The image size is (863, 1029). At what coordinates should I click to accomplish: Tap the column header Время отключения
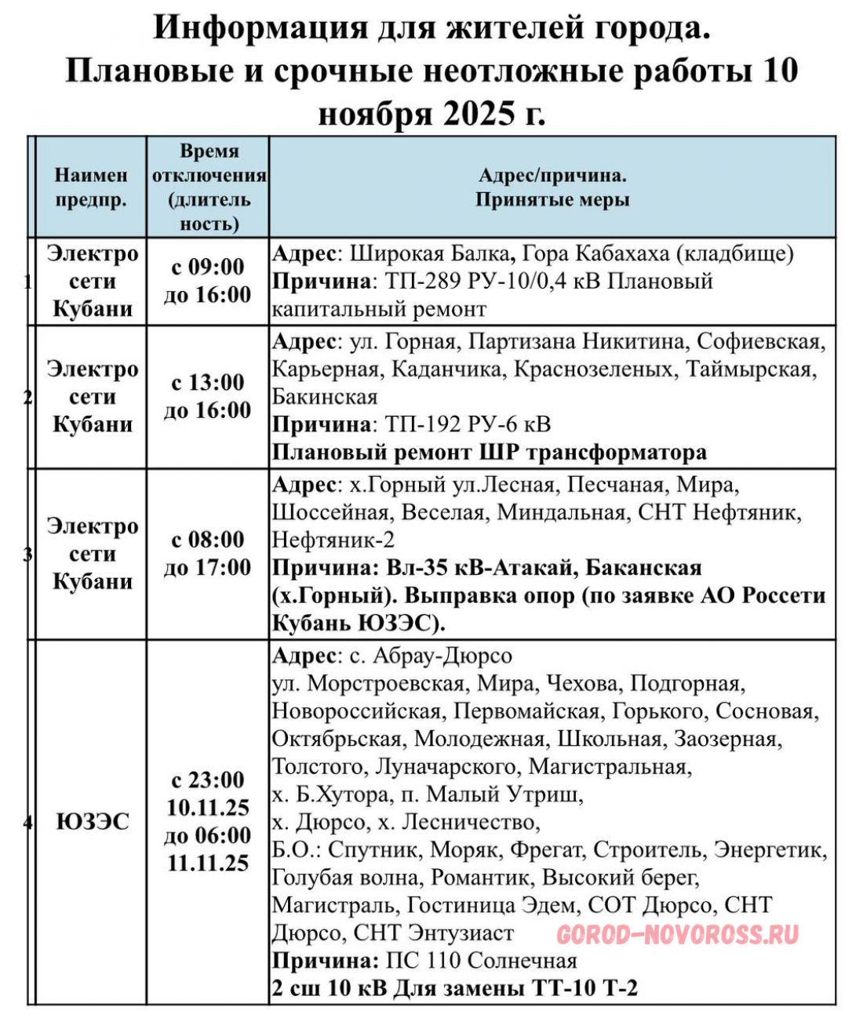click(208, 187)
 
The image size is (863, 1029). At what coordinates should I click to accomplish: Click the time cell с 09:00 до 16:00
click(208, 281)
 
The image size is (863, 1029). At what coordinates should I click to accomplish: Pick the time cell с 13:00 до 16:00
click(208, 396)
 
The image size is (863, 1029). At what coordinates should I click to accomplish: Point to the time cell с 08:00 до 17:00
click(208, 553)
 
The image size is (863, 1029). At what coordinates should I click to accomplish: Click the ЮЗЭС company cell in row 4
click(92, 822)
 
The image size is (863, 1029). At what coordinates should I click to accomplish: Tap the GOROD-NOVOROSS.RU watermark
click(678, 934)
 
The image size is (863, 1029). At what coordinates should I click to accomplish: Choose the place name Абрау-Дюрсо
click(442, 655)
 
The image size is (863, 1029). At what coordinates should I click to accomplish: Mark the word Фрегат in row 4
click(547, 849)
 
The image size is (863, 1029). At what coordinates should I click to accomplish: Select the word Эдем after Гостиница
click(543, 905)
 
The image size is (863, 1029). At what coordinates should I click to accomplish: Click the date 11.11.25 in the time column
click(208, 863)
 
